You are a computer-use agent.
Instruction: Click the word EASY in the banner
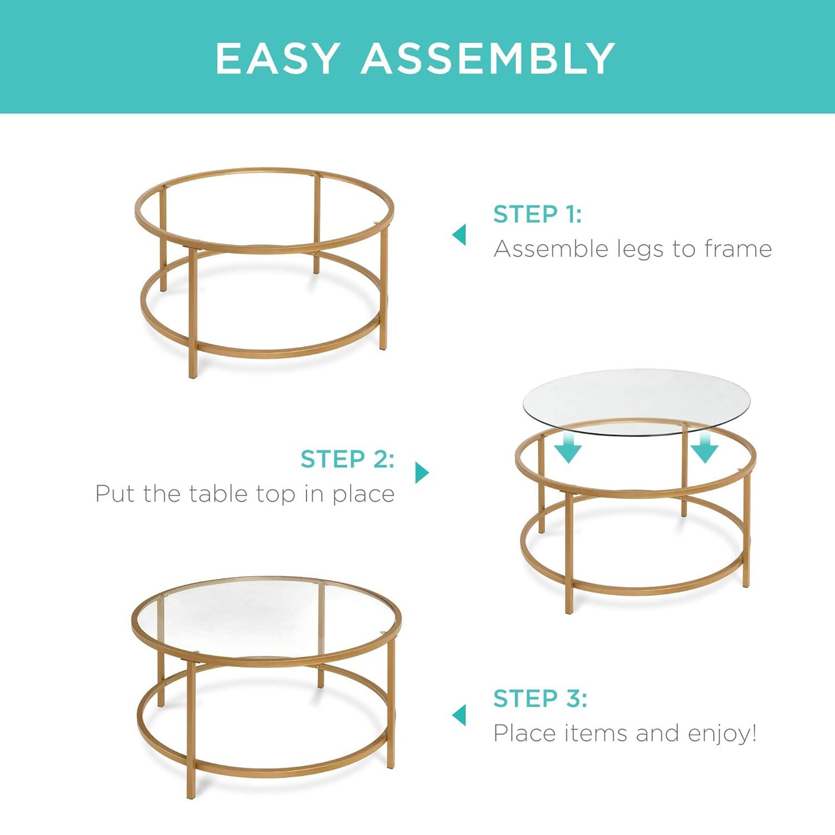pos(277,58)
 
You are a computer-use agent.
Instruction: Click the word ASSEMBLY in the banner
pos(488,58)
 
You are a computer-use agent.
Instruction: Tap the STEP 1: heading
pos(537,214)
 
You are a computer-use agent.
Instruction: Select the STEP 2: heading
pos(347,459)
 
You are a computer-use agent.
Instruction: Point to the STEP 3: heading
pos(540,698)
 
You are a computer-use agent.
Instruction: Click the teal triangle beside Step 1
pos(459,235)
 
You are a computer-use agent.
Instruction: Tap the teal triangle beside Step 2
pos(422,473)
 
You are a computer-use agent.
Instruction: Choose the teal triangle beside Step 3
pos(459,715)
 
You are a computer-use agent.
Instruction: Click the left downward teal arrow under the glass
pos(568,449)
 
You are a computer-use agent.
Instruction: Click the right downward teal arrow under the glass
pos(704,449)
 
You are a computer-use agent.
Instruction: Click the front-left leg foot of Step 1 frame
pos(193,375)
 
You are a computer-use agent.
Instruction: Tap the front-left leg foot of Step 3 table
pos(191,795)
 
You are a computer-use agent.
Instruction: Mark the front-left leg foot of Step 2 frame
pos(568,611)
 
